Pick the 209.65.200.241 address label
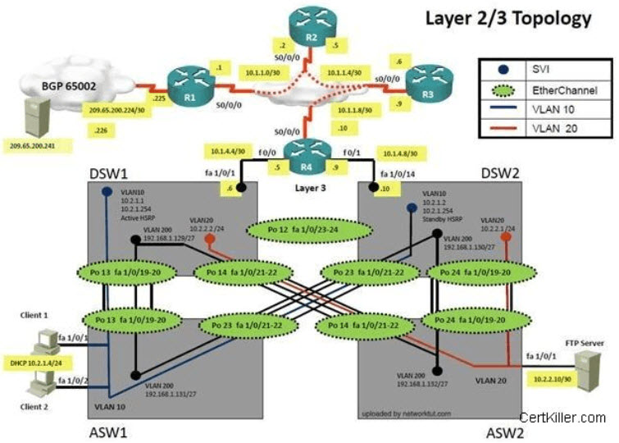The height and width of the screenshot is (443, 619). click(36, 146)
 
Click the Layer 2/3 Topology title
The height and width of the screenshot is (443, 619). click(507, 18)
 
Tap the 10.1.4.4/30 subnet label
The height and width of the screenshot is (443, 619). click(226, 151)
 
